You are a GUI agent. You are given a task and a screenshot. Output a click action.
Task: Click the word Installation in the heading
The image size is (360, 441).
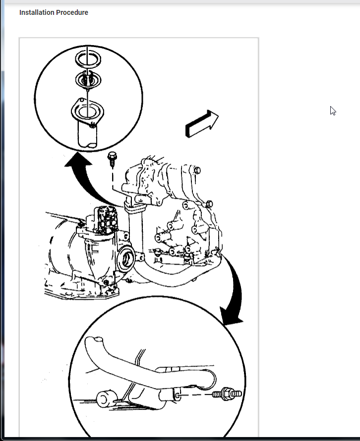[36, 12]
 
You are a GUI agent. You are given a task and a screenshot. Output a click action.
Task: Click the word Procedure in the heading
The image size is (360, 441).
[72, 12]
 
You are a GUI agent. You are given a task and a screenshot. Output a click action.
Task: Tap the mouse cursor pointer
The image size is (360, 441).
[333, 111]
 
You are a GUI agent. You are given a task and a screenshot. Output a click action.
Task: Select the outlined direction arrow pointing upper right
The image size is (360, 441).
[202, 124]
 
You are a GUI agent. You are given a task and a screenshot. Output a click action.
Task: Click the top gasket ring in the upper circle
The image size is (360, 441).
[88, 59]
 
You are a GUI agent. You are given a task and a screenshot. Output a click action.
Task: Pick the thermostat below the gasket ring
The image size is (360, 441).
[88, 80]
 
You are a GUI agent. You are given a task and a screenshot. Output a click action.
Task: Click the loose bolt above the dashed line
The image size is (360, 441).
[112, 159]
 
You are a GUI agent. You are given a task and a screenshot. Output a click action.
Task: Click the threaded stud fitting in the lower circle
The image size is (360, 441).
[227, 394]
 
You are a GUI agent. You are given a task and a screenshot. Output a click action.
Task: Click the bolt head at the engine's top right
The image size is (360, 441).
[197, 170]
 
